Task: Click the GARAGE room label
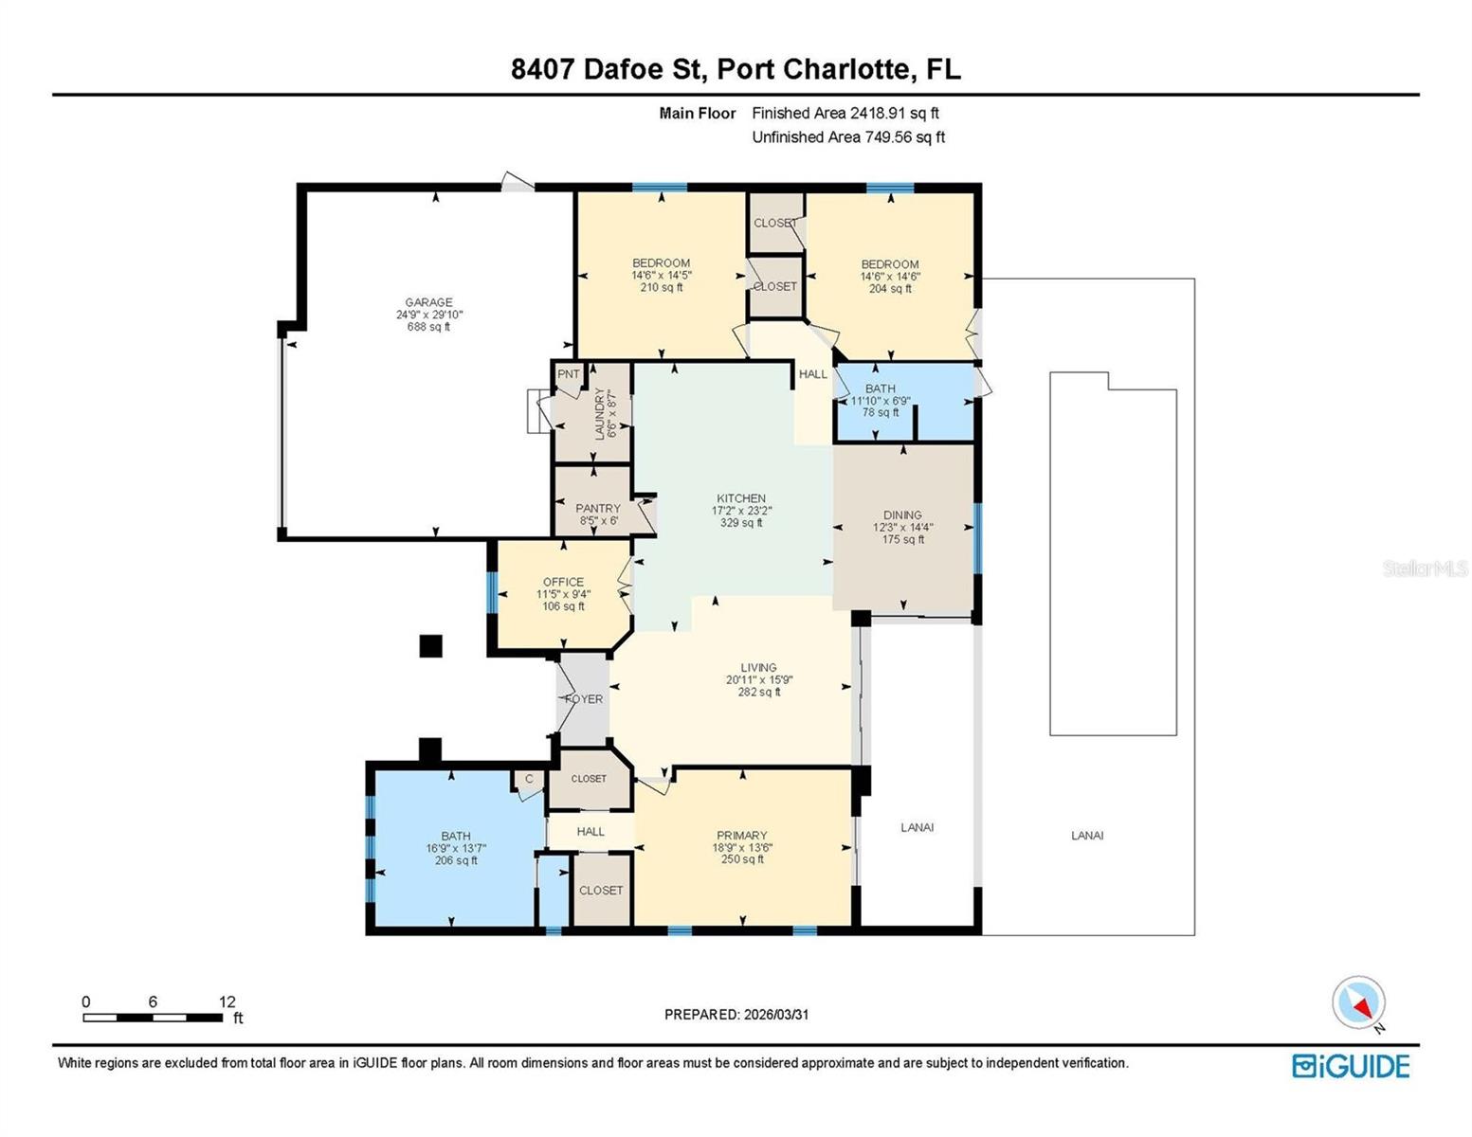point(428,302)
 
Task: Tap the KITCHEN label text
point(741,498)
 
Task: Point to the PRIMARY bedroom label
point(741,836)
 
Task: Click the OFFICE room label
point(563,582)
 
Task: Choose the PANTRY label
point(598,509)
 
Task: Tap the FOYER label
point(583,699)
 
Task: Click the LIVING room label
point(758,667)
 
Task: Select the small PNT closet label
point(569,374)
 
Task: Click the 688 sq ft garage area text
point(428,327)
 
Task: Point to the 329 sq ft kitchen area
point(741,523)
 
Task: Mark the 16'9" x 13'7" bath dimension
point(456,849)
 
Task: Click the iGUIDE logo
point(1351,1066)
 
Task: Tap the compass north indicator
point(1359,1003)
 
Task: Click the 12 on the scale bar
point(227,1002)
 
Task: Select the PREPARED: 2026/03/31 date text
point(736,1015)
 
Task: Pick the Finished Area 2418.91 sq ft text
point(845,113)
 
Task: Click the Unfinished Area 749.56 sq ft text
point(848,137)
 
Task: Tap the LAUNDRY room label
point(599,414)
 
